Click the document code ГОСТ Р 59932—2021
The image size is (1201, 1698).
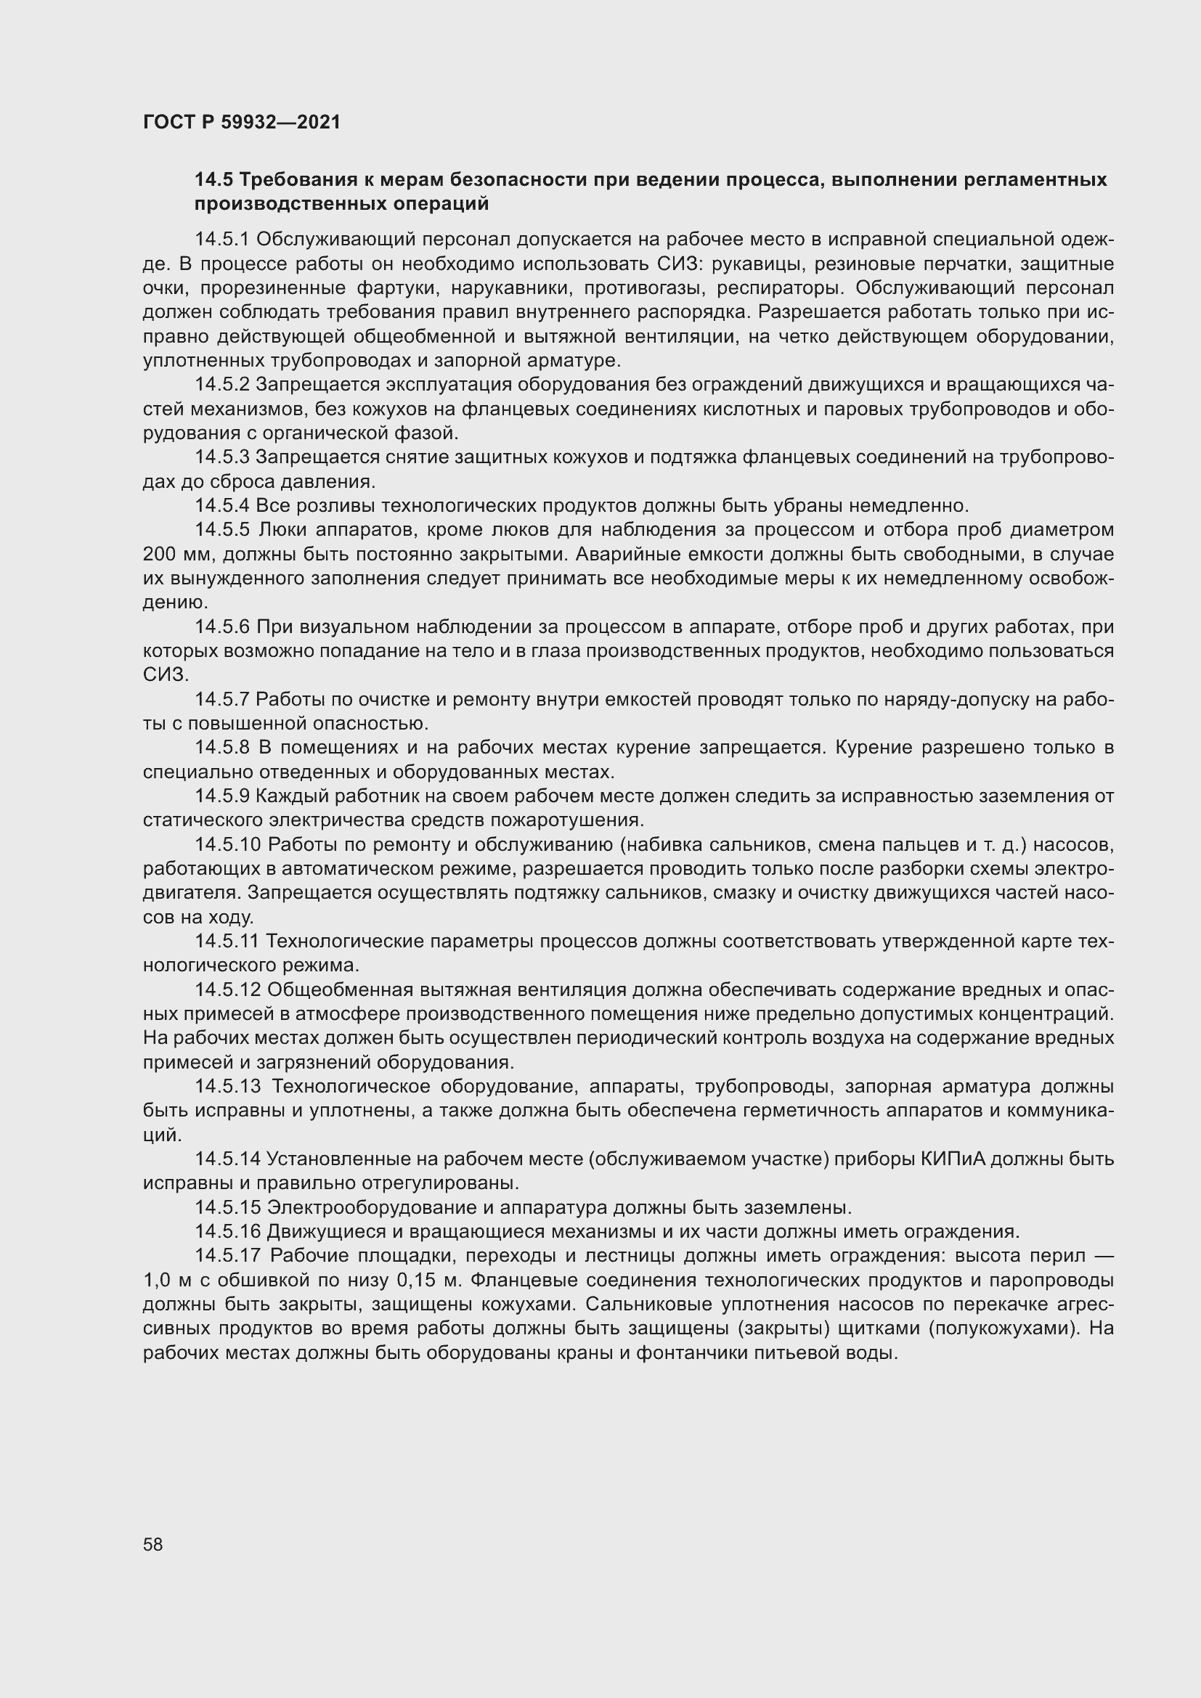coord(242,122)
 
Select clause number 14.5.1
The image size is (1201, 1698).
coord(223,239)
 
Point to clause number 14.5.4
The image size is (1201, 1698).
coord(223,506)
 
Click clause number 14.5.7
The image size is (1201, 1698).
coord(223,699)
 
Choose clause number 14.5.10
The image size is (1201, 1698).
coord(228,844)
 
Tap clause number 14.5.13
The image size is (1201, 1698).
coord(229,1087)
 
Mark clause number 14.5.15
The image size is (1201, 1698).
coord(228,1208)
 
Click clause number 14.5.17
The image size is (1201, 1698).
coord(229,1256)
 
